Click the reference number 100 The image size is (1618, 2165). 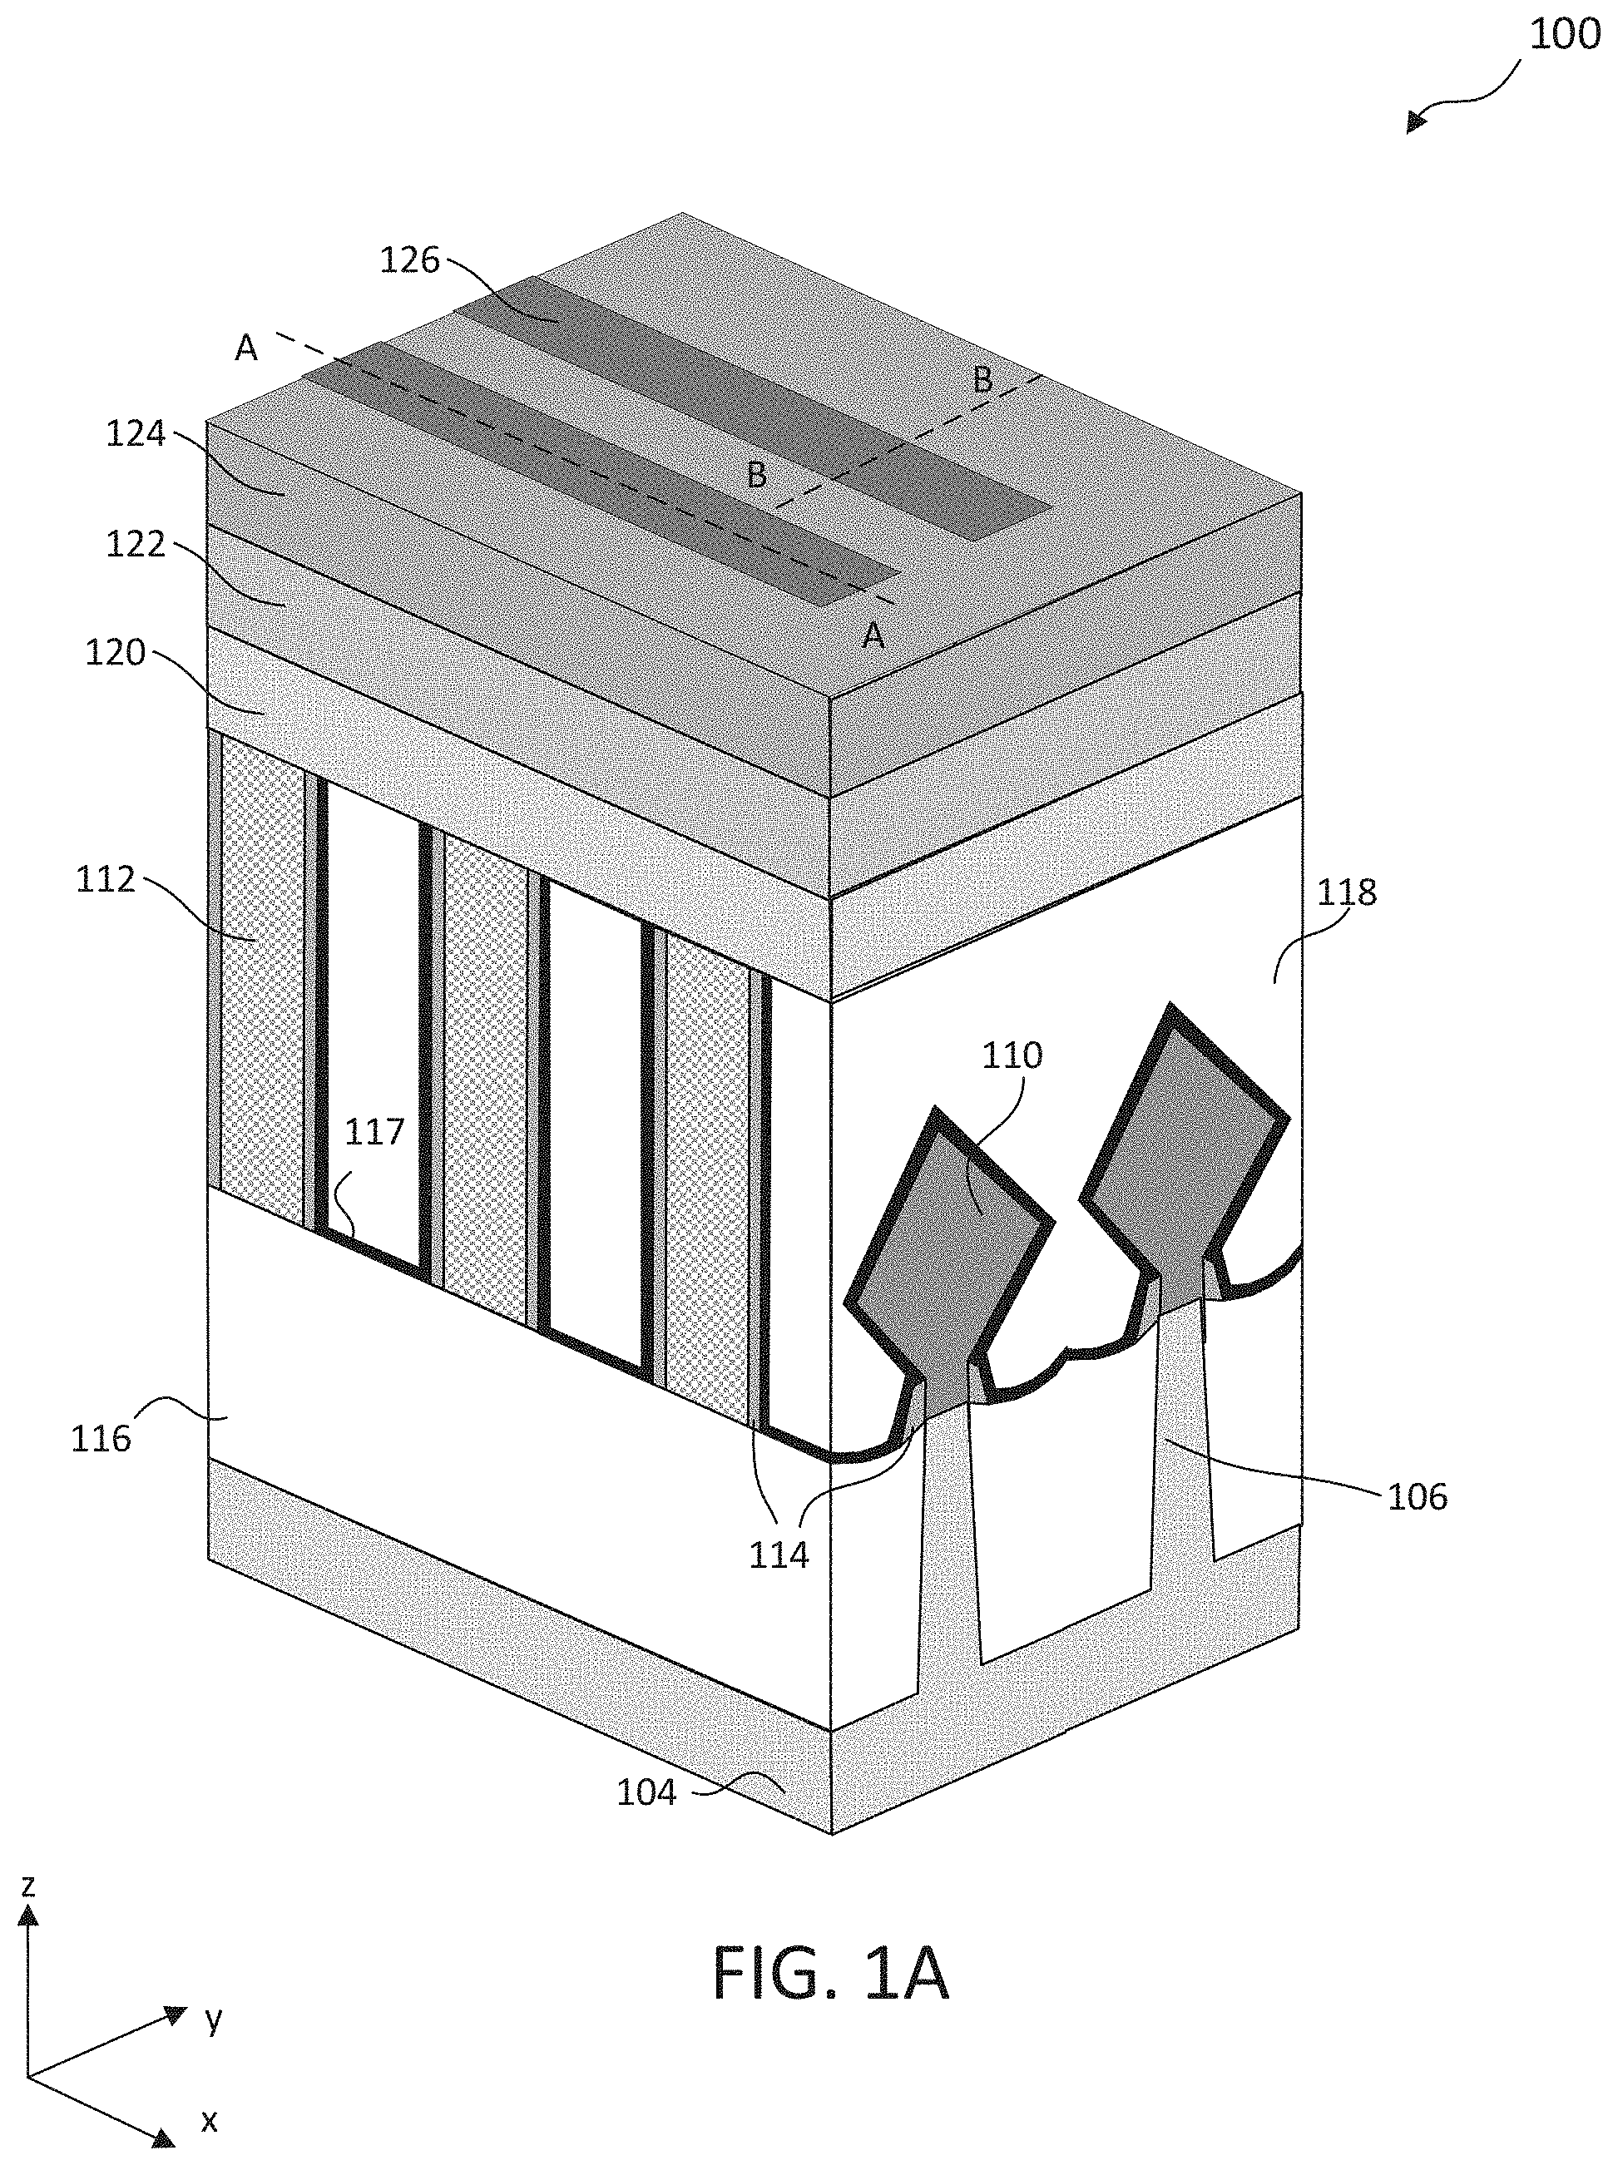(x=1564, y=34)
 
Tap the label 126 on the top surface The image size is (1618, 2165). (x=410, y=260)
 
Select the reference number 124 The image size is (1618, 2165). (x=136, y=433)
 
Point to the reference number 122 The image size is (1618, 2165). (x=136, y=544)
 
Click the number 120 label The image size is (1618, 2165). (x=115, y=653)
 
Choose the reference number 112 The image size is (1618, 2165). (x=105, y=879)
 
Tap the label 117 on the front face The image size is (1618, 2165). (x=374, y=1133)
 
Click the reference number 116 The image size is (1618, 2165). (x=101, y=1438)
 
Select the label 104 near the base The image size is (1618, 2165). (x=646, y=1792)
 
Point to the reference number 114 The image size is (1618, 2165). (x=779, y=1555)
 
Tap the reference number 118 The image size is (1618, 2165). (x=1347, y=892)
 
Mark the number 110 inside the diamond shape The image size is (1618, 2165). (x=1013, y=1055)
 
